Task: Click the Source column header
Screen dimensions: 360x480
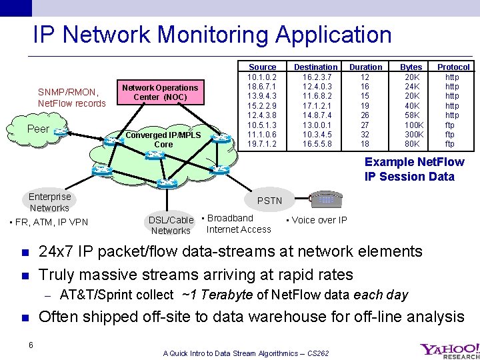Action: click(262, 67)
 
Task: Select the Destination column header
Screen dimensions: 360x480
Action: click(315, 67)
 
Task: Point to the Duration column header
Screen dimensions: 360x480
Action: click(365, 67)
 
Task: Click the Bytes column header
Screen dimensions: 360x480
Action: click(411, 67)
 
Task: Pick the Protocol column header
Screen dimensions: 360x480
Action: click(453, 67)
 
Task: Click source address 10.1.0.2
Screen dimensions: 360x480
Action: click(262, 77)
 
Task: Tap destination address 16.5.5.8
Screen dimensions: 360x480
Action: click(315, 144)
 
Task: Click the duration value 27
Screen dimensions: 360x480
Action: click(365, 125)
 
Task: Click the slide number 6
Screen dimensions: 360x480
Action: click(31, 345)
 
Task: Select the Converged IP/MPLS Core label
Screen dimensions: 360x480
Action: click(163, 139)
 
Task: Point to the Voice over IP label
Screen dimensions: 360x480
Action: click(317, 221)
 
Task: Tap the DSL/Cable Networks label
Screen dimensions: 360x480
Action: click(171, 225)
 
